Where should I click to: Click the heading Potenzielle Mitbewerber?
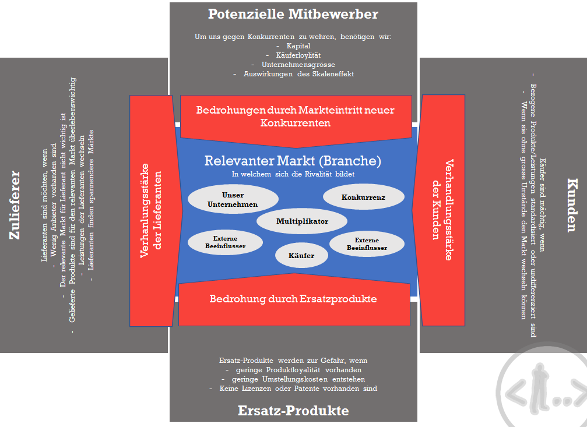[293, 14]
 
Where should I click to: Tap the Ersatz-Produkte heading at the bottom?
[293, 411]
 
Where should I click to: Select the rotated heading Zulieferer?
[15, 204]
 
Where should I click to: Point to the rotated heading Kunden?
[572, 205]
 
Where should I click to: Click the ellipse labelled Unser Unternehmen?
[225, 199]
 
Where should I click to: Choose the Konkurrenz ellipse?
[363, 197]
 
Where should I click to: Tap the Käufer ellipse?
[301, 255]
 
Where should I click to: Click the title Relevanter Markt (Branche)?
[293, 161]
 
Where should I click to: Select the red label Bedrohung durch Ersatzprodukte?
[293, 299]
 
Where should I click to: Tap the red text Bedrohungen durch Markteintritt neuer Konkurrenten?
[295, 117]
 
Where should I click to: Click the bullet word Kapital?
[298, 45]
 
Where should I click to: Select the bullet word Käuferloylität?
[297, 55]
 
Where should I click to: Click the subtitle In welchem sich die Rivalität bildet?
[293, 174]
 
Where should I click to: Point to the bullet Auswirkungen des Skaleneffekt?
[297, 74]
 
